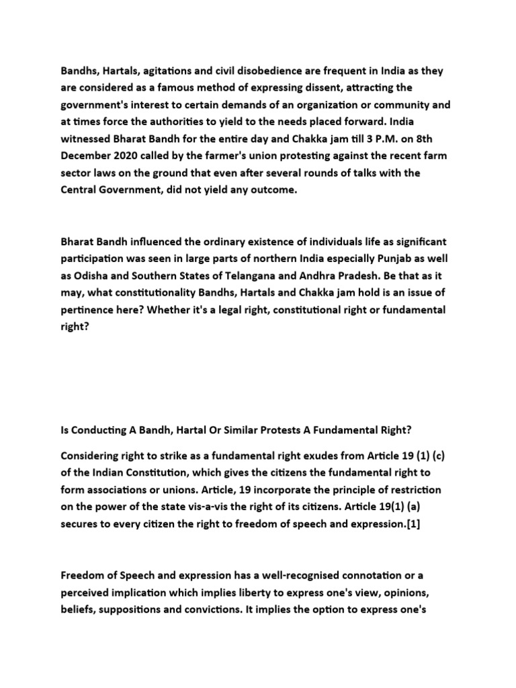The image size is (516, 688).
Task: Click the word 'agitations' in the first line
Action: (173, 71)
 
